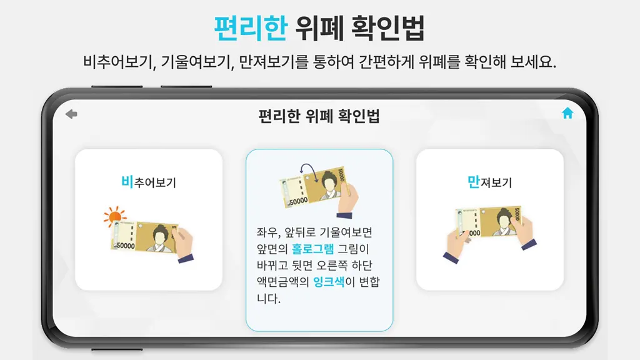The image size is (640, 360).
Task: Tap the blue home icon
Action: (x=567, y=113)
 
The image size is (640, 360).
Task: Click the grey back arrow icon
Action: (x=71, y=114)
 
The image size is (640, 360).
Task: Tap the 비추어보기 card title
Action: (x=149, y=182)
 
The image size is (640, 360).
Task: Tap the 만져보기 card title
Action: (x=489, y=182)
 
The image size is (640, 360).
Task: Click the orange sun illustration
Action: (x=115, y=216)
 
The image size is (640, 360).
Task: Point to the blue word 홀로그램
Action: (x=312, y=249)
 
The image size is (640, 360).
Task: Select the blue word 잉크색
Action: (x=329, y=281)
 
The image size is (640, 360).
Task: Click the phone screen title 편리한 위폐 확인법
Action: (x=319, y=116)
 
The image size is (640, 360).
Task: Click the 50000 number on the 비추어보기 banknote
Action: (x=125, y=246)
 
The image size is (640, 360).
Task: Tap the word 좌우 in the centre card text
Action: (x=268, y=232)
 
